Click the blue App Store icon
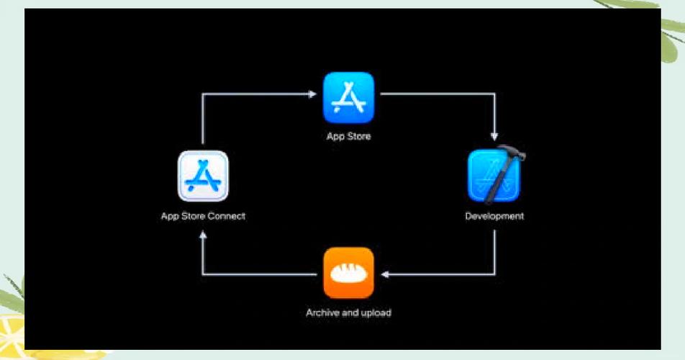(348, 98)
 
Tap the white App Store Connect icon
(203, 176)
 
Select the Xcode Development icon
(494, 177)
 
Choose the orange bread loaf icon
(348, 272)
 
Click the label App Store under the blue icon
(348, 135)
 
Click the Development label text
(494, 215)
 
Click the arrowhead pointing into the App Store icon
(314, 94)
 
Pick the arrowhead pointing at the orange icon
(384, 274)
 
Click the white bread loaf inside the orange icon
(348, 274)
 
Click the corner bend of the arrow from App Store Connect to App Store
(203, 94)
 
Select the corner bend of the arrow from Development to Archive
(494, 274)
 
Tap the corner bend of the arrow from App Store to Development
(494, 94)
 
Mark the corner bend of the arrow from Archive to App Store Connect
(203, 274)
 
